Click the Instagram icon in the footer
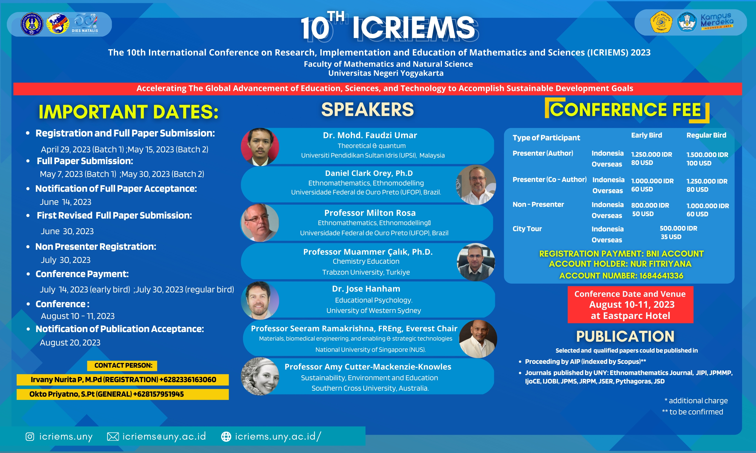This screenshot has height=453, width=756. (30, 437)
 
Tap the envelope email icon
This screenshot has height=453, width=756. (113, 437)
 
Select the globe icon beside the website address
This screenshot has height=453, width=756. (226, 437)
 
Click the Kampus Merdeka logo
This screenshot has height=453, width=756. (717, 22)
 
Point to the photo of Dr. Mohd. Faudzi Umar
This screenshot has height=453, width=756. (260, 147)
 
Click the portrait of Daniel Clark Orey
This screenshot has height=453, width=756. (476, 185)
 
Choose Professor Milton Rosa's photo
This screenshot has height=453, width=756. (260, 222)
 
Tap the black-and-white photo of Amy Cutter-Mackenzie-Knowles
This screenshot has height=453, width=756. (260, 376)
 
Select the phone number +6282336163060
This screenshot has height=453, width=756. (187, 380)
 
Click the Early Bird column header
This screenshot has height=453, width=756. (646, 135)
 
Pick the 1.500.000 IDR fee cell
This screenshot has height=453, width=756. (707, 155)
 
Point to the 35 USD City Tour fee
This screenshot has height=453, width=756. (671, 237)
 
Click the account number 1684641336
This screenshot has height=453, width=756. (661, 276)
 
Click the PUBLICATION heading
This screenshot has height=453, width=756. (625, 336)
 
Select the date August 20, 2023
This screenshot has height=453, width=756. (70, 342)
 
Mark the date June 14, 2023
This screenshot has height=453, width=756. (66, 202)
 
